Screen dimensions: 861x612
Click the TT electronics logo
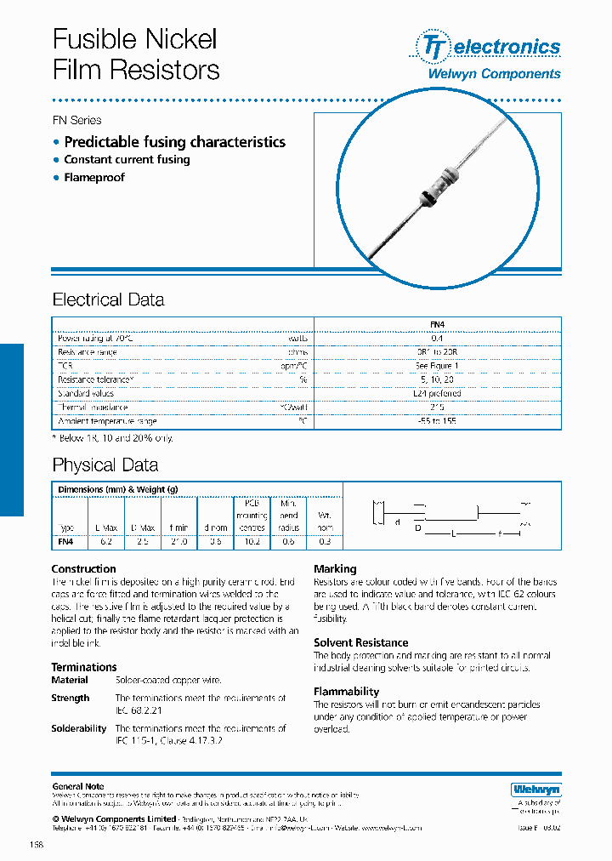point(487,46)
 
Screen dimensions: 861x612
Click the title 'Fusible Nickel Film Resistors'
point(136,54)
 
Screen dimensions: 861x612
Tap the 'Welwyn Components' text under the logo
point(493,74)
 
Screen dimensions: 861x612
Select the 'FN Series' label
point(76,120)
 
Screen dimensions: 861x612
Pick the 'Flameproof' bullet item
point(94,177)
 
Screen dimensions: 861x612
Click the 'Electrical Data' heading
point(108,299)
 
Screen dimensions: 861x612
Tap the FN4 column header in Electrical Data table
point(438,324)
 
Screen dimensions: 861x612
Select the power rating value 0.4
point(438,338)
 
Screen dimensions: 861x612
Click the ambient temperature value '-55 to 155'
point(438,421)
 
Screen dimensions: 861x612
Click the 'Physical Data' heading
point(105,465)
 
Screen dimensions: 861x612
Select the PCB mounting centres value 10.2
point(252,540)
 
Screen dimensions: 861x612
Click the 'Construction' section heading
point(83,568)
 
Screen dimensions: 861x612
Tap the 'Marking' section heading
point(335,568)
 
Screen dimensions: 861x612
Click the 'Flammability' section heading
point(346,692)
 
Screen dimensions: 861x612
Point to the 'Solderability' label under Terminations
point(79,728)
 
